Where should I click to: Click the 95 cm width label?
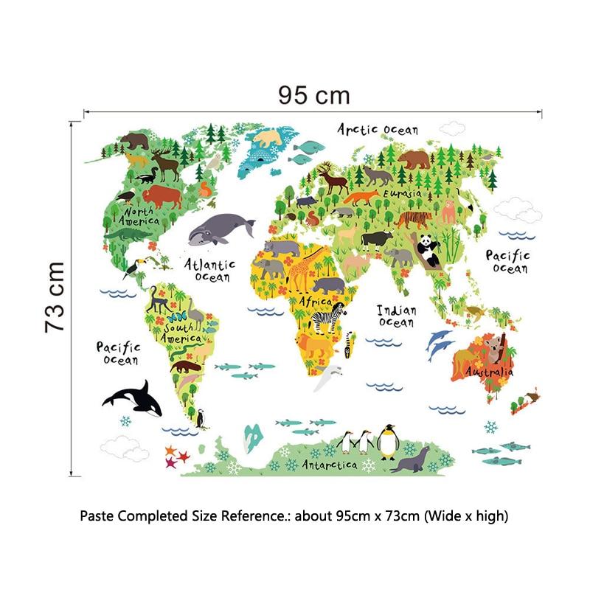(x=313, y=95)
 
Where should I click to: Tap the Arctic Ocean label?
(x=378, y=129)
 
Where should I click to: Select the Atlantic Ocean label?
(x=210, y=270)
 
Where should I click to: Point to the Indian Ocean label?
(x=397, y=316)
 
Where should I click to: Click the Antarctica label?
(x=329, y=465)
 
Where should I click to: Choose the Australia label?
(x=488, y=372)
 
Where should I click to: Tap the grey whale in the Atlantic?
(x=220, y=230)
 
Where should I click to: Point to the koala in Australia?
(x=496, y=347)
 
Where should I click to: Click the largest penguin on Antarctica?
(x=388, y=442)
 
